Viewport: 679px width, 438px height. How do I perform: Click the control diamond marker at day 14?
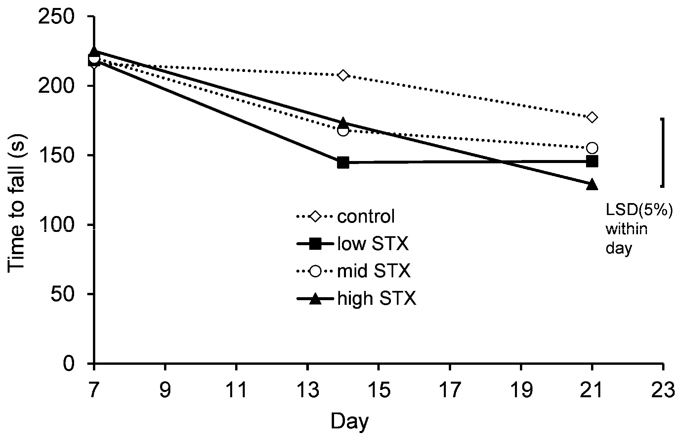tap(343, 76)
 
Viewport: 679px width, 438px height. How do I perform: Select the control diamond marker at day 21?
tap(592, 117)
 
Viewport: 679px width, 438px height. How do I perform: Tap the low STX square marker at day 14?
tap(343, 163)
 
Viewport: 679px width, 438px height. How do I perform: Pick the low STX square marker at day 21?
tap(592, 162)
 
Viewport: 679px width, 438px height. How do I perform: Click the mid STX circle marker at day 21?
tap(592, 148)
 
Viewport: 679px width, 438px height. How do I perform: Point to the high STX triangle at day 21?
tap(592, 184)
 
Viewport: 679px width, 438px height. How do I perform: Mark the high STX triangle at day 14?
tap(343, 122)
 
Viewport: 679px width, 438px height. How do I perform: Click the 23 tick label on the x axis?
tap(663, 390)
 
